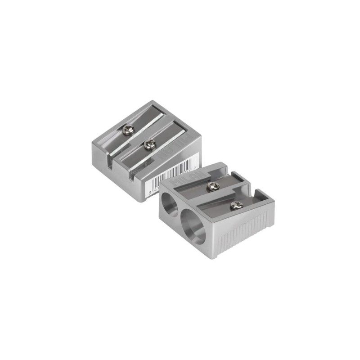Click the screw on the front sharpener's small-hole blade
tap(212, 185)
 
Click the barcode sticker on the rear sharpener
tap(166, 178)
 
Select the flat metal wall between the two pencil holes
tap(179, 211)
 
